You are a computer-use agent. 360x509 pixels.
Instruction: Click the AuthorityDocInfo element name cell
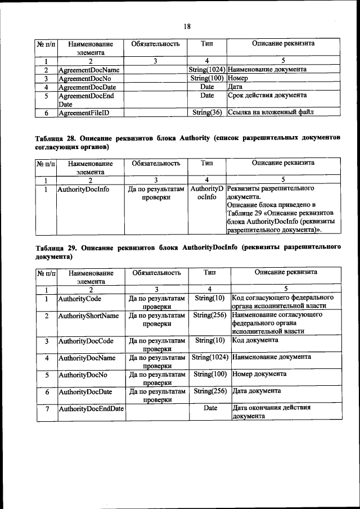tap(83, 190)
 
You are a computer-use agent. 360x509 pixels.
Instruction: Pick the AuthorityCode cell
tap(78, 298)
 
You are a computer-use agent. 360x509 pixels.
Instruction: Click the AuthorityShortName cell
tap(88, 316)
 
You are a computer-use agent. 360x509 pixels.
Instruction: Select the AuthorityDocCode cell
tap(86, 341)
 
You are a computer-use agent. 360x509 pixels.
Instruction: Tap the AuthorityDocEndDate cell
tap(91, 408)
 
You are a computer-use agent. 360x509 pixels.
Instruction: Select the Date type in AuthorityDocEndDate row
tap(210, 408)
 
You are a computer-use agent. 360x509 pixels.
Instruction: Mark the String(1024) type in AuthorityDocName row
tap(210, 357)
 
